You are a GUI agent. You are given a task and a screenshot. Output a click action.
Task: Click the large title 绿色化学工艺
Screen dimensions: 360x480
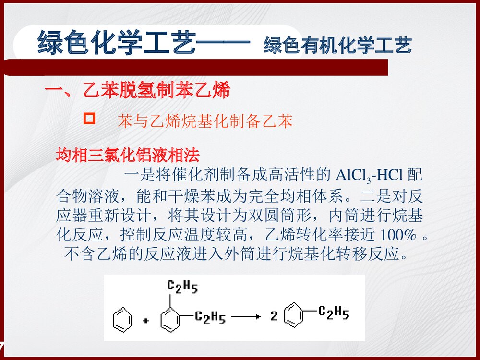pyautogui.click(x=117, y=43)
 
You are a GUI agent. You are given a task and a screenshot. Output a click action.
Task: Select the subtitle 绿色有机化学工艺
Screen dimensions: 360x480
pyautogui.click(x=337, y=46)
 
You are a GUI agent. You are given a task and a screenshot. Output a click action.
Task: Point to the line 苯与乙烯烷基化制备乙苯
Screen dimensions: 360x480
pyautogui.click(x=205, y=121)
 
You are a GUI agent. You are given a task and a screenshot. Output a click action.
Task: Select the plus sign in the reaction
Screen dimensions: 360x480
pyautogui.click(x=145, y=322)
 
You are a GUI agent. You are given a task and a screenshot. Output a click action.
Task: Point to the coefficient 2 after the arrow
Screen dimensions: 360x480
pyautogui.click(x=274, y=316)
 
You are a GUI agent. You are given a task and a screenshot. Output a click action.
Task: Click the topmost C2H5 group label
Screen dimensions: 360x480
pyautogui.click(x=182, y=287)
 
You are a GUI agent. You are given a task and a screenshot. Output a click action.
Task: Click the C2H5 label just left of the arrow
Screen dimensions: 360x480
pyautogui.click(x=210, y=317)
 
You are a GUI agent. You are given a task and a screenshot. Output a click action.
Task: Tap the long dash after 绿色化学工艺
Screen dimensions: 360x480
pyautogui.click(x=224, y=44)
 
